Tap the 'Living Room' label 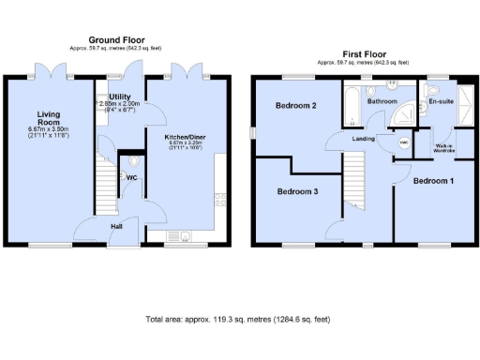click(48, 119)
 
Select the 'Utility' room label click(119, 97)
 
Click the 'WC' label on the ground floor click(132, 176)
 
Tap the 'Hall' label click(116, 226)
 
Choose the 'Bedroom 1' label click(434, 179)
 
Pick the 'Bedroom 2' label click(294, 106)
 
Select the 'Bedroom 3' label click(295, 191)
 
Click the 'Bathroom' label click(382, 100)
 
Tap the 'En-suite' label click(441, 100)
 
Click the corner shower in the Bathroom click(405, 114)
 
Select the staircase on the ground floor click(106, 183)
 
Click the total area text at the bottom click(238, 319)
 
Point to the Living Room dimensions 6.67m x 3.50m click(48, 133)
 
